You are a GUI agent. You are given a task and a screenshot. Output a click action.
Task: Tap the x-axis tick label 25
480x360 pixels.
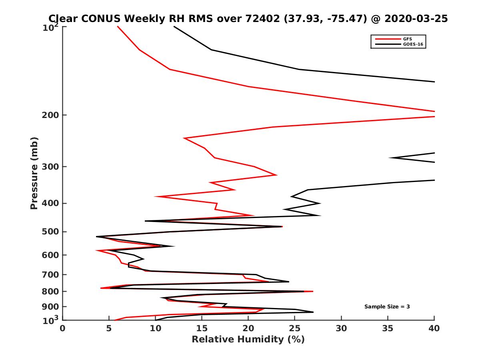[295, 328]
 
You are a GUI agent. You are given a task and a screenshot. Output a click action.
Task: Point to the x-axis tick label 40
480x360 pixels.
[434, 328]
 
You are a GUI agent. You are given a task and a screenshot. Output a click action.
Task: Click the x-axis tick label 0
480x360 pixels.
[62, 328]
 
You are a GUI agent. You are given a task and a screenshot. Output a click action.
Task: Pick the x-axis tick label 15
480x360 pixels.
[202, 328]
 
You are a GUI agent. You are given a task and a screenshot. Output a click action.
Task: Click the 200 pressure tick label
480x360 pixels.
[51, 115]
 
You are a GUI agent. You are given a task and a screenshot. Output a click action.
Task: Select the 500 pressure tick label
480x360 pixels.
[51, 232]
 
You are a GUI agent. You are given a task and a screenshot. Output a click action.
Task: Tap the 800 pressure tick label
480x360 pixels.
[51, 292]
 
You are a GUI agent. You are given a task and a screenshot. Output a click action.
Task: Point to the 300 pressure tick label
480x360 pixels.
[51, 167]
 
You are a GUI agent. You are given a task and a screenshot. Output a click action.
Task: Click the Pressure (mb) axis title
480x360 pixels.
[34, 173]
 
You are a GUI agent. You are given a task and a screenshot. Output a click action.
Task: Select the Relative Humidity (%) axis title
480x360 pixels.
[248, 340]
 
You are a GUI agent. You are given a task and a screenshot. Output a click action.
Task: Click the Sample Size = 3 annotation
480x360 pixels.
[387, 307]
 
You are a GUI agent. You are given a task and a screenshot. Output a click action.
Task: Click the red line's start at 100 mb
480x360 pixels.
[117, 26]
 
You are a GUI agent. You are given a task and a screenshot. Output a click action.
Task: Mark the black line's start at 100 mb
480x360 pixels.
[174, 26]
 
